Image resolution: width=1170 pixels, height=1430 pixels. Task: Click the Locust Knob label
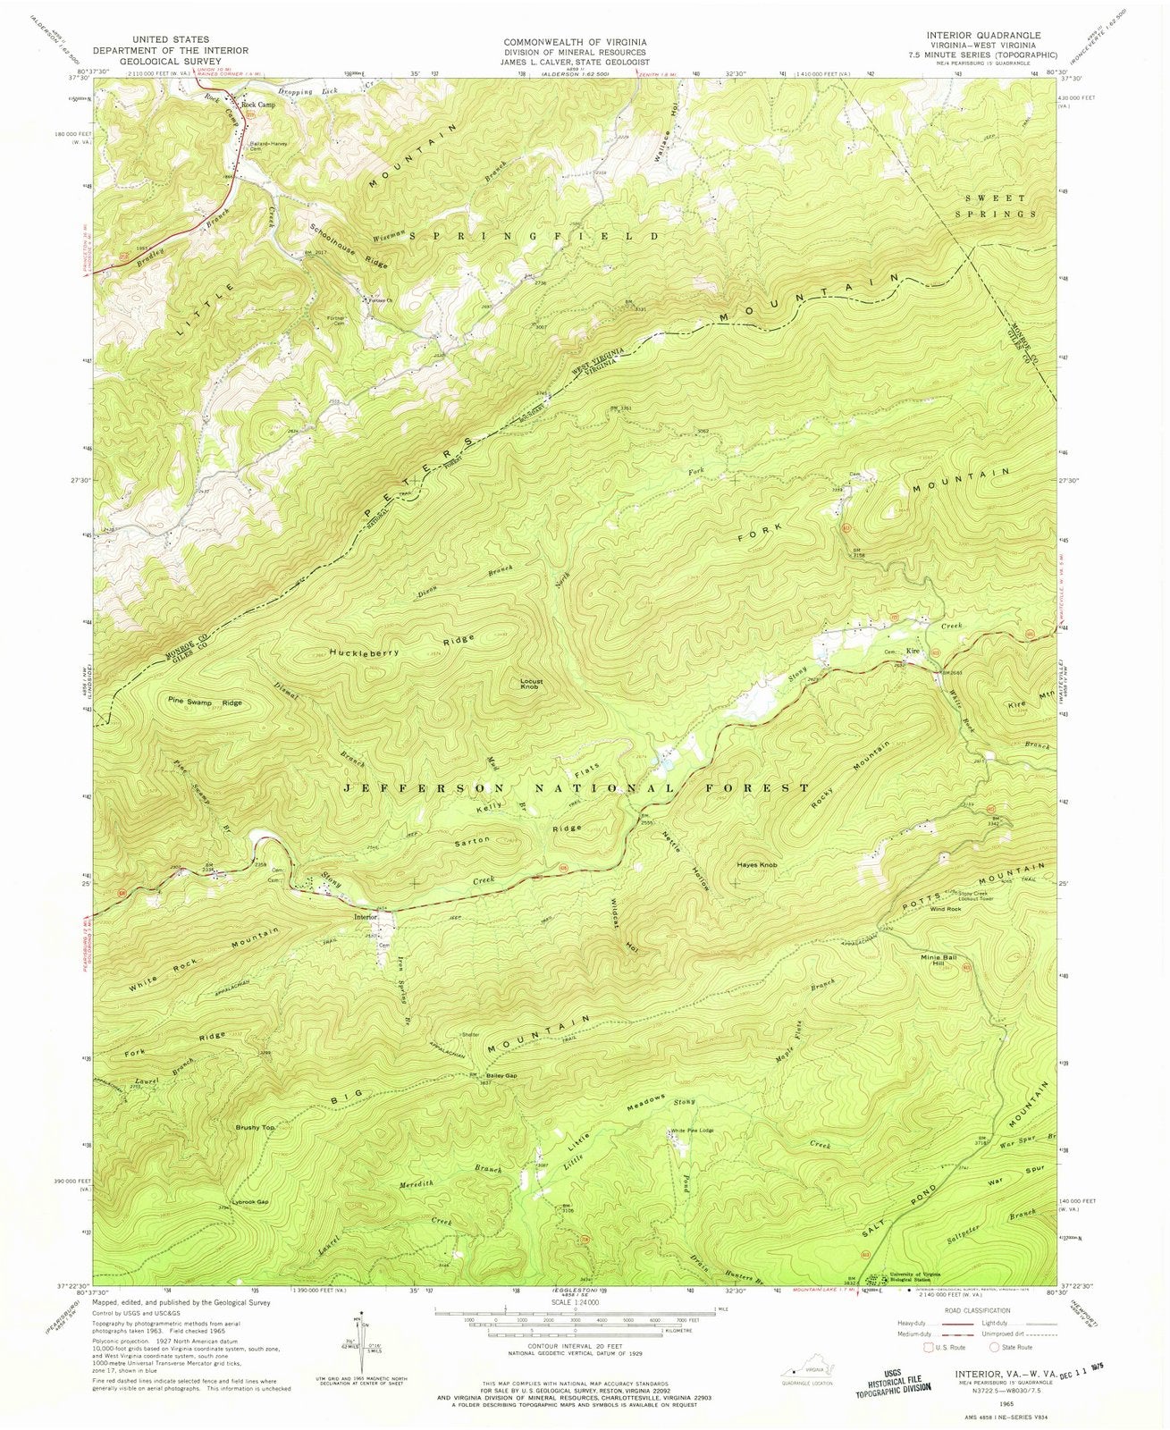pyautogui.click(x=532, y=686)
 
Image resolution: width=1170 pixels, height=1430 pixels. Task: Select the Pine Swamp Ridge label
pyautogui.click(x=204, y=702)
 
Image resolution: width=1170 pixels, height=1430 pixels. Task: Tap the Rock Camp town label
pyautogui.click(x=259, y=105)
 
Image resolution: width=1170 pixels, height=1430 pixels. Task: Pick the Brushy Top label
pyautogui.click(x=256, y=1128)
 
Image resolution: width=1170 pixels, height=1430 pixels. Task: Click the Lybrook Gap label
pyautogui.click(x=249, y=1201)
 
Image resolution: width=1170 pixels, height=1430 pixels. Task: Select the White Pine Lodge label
pyautogui.click(x=694, y=1131)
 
